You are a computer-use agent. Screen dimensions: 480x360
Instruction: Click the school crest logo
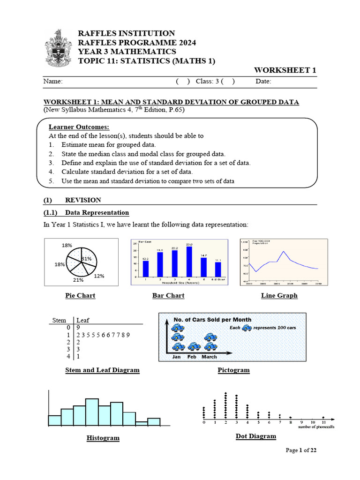(58, 48)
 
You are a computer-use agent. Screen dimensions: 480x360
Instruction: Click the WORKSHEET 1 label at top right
(285, 70)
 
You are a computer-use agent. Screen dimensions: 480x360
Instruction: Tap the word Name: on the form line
(53, 82)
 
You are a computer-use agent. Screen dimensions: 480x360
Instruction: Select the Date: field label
(263, 82)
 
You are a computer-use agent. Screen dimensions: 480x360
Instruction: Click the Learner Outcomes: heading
(79, 127)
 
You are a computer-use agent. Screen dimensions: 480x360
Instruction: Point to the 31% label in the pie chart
(86, 259)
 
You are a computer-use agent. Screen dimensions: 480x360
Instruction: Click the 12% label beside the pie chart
(99, 276)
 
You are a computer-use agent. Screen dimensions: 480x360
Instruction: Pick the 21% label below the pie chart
(78, 280)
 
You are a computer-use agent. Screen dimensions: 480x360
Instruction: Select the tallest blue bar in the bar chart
(189, 261)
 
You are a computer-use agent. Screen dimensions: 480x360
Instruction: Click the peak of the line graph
(283, 252)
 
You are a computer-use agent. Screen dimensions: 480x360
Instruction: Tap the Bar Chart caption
(168, 296)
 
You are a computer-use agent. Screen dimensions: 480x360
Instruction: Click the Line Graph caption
(279, 296)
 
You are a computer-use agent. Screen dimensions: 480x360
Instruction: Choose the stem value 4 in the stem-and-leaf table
(68, 356)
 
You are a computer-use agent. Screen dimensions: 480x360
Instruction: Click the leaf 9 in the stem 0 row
(78, 328)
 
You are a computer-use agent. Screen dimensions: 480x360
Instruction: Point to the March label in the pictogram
(209, 357)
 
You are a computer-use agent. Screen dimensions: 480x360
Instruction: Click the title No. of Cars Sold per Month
(212, 320)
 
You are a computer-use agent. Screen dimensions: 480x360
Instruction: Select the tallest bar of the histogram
(92, 412)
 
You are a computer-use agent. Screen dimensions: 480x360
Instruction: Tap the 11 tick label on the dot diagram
(323, 422)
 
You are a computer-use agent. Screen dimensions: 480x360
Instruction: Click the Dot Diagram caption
(255, 436)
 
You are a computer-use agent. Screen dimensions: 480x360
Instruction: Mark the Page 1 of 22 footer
(301, 450)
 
